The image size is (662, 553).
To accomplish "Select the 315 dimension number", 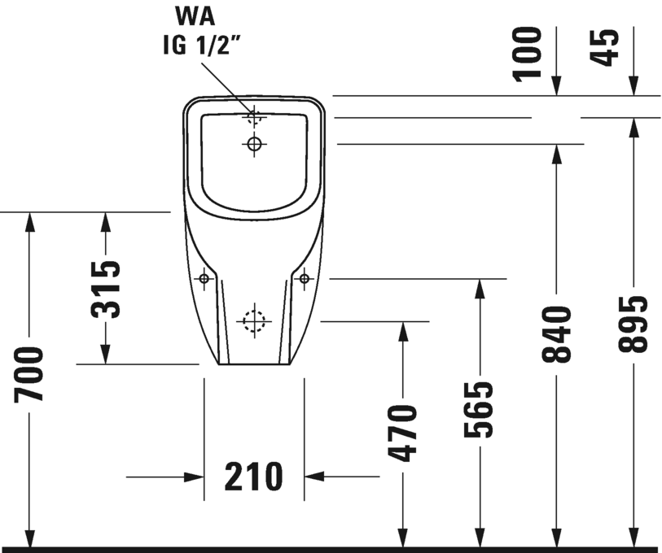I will (x=105, y=288).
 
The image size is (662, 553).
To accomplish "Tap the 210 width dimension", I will (x=253, y=477).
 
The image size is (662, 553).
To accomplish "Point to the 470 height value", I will (x=402, y=432).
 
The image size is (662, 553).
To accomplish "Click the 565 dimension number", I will (x=480, y=409).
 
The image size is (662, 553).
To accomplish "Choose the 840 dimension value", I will (x=557, y=334).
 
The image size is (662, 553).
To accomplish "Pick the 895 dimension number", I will (x=633, y=324).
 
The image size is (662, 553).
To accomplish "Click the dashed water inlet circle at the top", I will (x=254, y=116).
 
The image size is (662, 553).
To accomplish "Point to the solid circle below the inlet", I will (x=254, y=145).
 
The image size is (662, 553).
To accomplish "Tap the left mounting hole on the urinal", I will (x=204, y=280).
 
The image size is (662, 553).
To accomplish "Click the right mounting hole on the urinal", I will (x=304, y=279).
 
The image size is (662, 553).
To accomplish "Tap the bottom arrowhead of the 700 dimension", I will (x=29, y=538).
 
